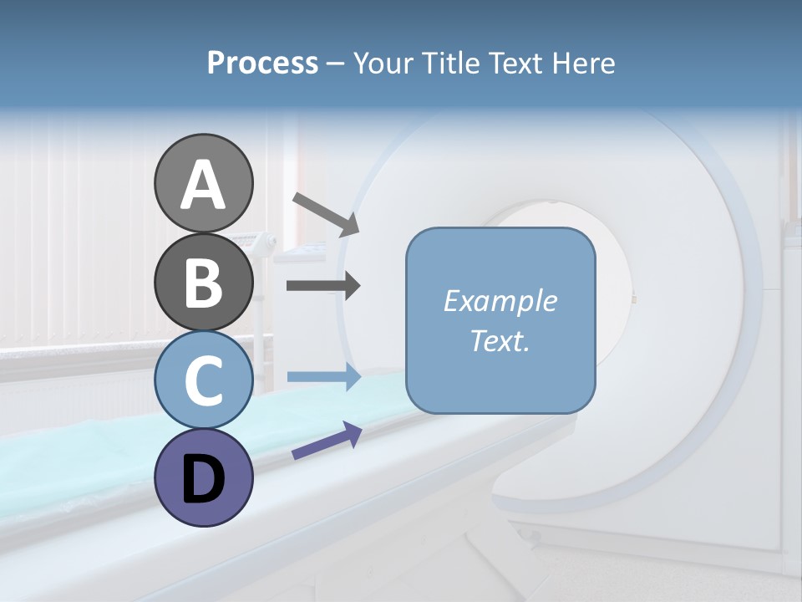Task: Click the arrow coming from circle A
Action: pos(325,214)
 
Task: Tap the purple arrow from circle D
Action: pos(327,441)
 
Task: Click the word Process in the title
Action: pos(262,64)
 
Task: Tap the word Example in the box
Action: pos(500,301)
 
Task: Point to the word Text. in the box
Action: pos(500,341)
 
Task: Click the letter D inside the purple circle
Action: pos(203,480)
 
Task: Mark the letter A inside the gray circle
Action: pos(203,186)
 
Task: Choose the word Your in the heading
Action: pos(384,64)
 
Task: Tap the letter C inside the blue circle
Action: pos(203,381)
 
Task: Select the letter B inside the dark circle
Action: pos(203,283)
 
